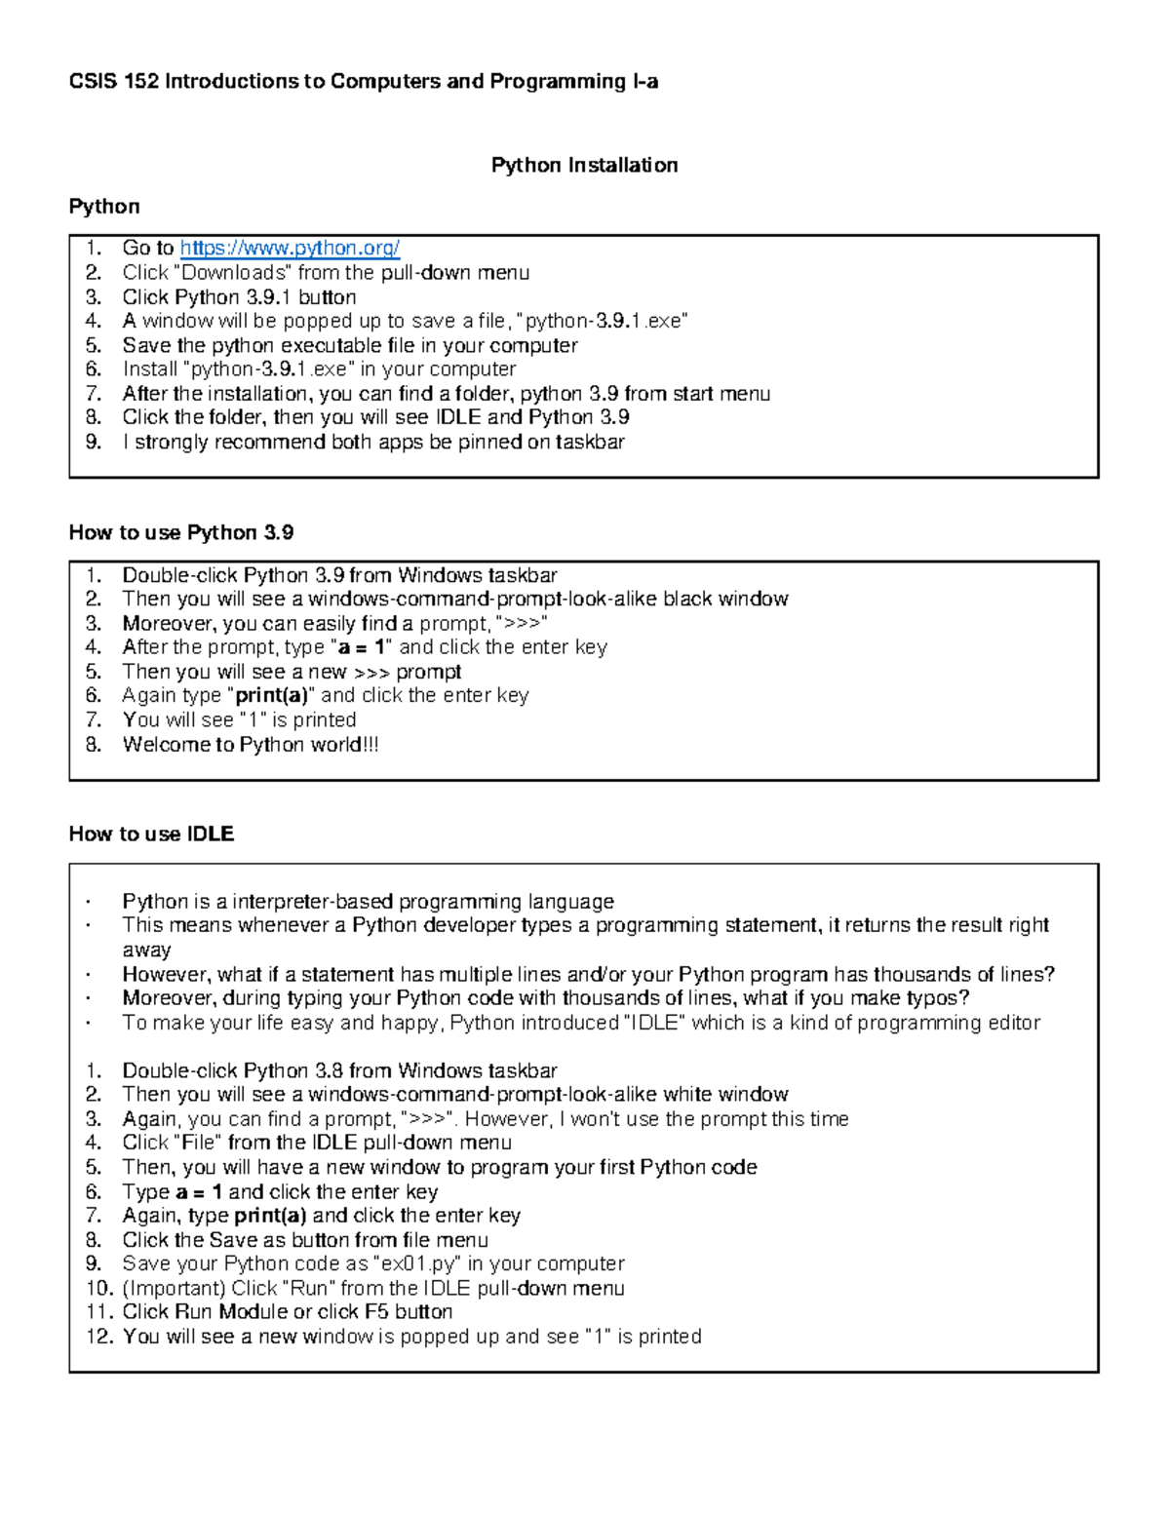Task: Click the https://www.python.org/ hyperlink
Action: pyautogui.click(x=290, y=249)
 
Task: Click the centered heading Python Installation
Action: pyautogui.click(x=584, y=165)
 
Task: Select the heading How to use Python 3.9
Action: pyautogui.click(x=181, y=532)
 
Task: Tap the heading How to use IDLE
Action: pyautogui.click(x=151, y=834)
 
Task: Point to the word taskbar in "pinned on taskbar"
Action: pyautogui.click(x=590, y=442)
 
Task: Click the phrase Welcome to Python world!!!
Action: pyautogui.click(x=251, y=745)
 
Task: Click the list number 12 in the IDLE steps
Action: pyautogui.click(x=99, y=1337)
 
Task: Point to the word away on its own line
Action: pyautogui.click(x=146, y=950)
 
